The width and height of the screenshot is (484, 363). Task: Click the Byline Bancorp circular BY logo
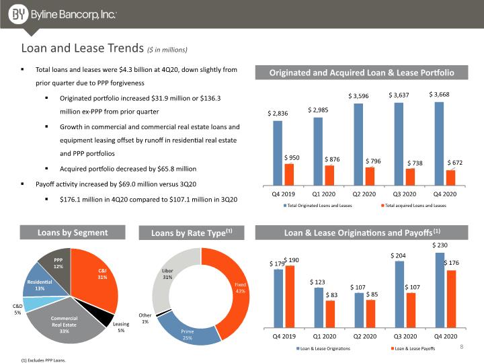pos(18,14)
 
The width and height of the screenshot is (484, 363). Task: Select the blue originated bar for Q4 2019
pos(278,153)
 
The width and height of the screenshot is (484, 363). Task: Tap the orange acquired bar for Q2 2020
pos(370,176)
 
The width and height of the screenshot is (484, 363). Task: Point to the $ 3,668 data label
pos(439,95)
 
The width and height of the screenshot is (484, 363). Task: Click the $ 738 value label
pos(415,163)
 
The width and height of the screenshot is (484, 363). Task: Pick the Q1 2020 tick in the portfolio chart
pos(323,194)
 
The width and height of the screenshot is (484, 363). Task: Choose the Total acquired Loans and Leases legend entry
pos(413,205)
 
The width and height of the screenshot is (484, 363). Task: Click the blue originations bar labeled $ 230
pos(440,290)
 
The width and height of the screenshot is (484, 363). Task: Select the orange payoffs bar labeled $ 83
pos(330,314)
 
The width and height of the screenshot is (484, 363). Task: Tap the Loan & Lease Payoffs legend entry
pos(413,348)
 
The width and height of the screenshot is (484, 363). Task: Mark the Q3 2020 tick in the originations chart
pos(405,336)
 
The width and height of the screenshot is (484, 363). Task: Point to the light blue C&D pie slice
pos(32,304)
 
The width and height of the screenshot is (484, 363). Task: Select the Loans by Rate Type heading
pos(192,233)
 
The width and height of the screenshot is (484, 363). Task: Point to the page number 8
pos(461,347)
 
